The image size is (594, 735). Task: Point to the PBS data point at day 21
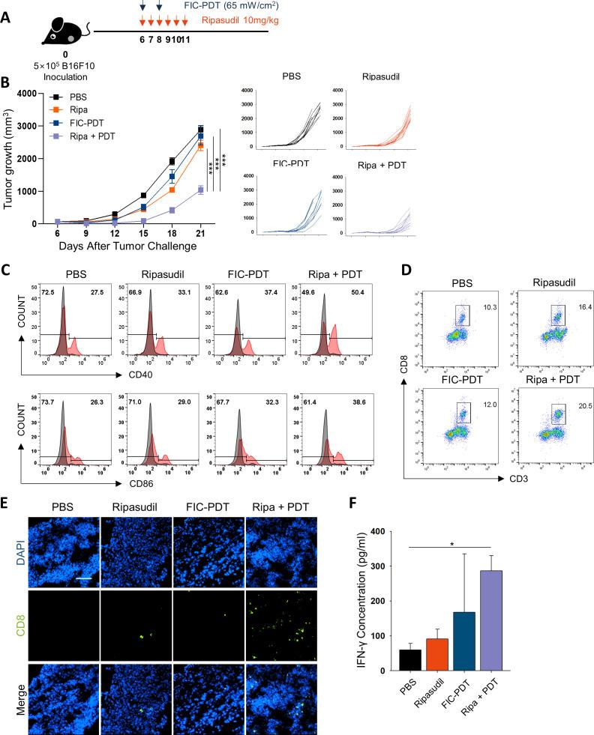tap(200, 130)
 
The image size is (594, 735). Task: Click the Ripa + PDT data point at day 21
tap(200, 190)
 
